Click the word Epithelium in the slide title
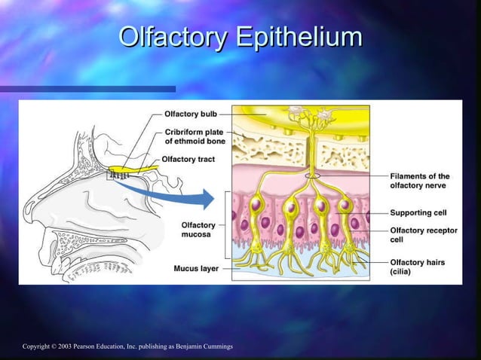tap(299, 37)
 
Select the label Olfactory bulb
tap(191, 114)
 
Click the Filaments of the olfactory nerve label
tap(419, 180)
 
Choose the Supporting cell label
tap(418, 212)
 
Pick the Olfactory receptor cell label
tap(423, 234)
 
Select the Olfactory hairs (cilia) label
tap(417, 267)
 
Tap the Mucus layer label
tap(197, 267)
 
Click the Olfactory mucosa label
tap(198, 229)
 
